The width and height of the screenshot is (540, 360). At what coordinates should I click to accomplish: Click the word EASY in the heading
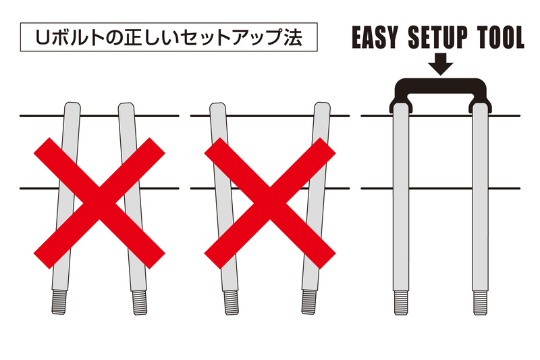coord(377,38)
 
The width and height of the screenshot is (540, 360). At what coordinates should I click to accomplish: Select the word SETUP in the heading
coord(437,38)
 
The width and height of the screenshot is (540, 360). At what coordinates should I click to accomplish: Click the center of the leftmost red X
coord(99,202)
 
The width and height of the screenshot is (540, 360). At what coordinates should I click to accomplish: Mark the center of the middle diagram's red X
coord(270,202)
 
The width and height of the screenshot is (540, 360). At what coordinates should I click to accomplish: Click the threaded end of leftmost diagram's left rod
coord(59,302)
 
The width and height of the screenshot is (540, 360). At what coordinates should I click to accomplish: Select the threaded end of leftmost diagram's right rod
coord(141,302)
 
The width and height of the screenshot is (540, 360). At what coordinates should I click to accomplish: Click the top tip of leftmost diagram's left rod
coord(72,105)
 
